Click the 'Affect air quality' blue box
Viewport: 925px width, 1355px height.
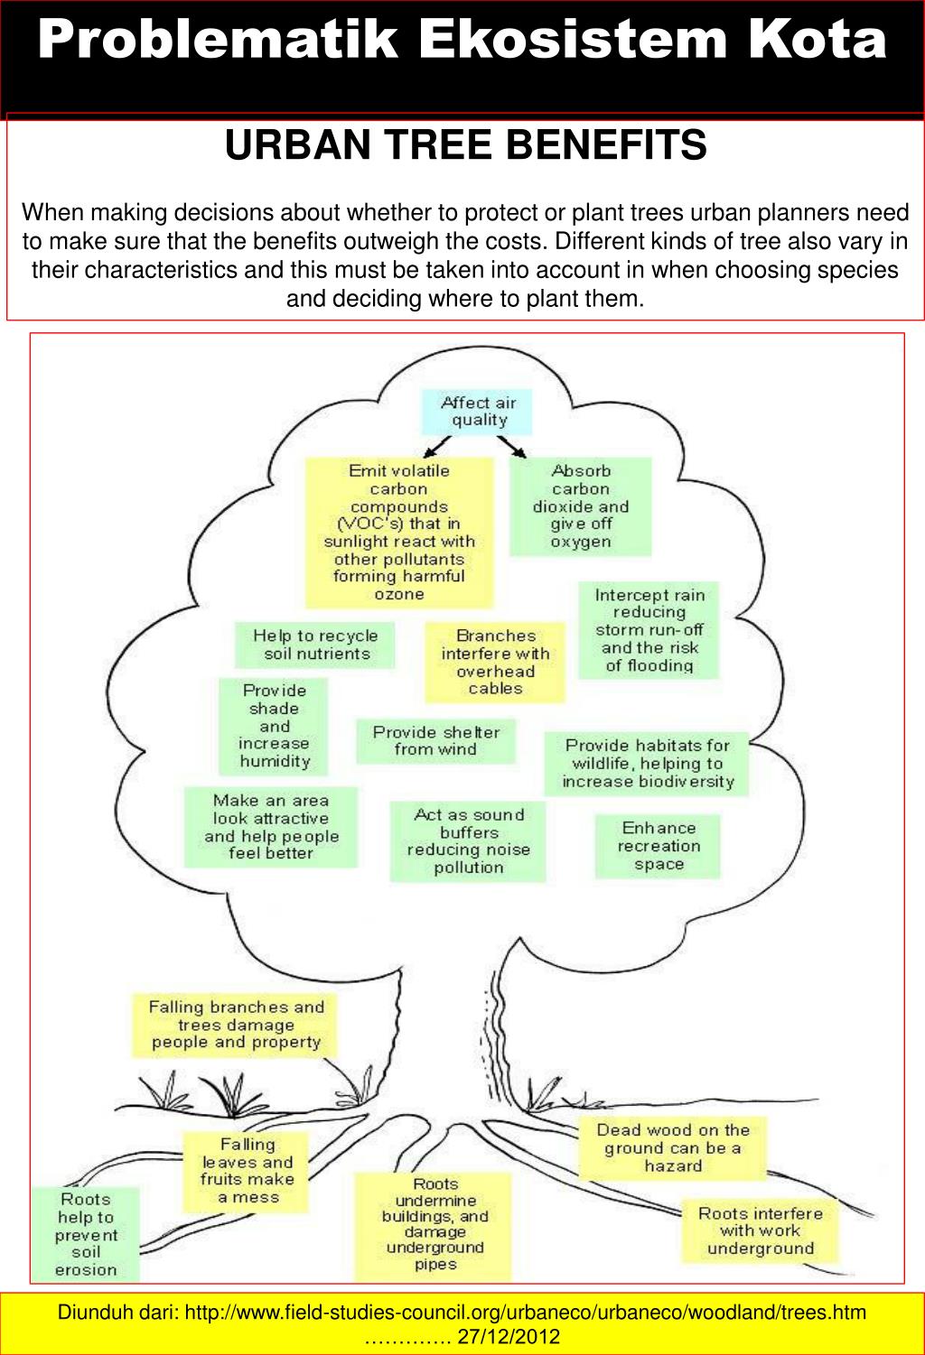[478, 412]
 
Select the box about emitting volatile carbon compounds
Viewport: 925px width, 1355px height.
[399, 532]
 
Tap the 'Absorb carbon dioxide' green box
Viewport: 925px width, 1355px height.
[581, 506]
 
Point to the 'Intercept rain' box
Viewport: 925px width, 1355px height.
[649, 630]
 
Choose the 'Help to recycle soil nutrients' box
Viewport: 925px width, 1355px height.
[316, 645]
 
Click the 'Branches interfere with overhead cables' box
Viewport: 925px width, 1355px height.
[495, 663]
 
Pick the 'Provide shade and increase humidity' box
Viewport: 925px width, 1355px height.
[274, 727]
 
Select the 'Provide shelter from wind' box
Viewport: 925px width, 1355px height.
[435, 740]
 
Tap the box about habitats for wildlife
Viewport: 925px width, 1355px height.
[647, 763]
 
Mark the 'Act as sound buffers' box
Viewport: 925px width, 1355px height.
[468, 841]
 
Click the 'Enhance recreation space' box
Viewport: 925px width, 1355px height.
[658, 846]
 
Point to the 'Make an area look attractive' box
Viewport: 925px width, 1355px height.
[271, 827]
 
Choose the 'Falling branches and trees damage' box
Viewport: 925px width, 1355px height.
[236, 1025]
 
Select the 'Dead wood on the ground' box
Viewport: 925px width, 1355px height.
[673, 1147]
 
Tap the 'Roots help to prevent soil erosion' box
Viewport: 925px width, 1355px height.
[86, 1234]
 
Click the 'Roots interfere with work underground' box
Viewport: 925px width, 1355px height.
[760, 1231]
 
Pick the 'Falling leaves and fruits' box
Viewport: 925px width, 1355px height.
[247, 1171]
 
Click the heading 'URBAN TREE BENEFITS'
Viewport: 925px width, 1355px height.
[465, 144]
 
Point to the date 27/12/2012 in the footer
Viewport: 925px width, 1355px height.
[509, 1336]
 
